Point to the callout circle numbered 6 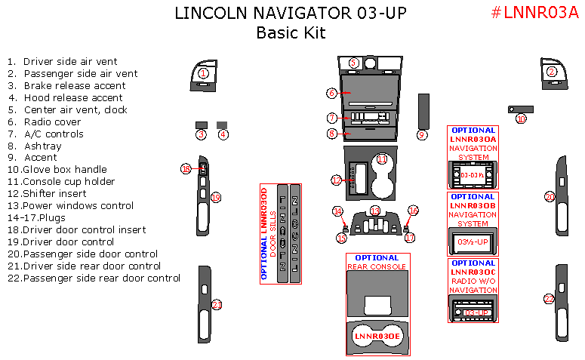(x=331, y=93)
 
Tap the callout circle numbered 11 (x=382, y=159)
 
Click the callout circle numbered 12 (x=337, y=180)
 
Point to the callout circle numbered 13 (x=375, y=210)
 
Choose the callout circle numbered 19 (x=215, y=198)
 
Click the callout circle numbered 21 (x=217, y=305)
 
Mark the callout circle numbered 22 (x=550, y=298)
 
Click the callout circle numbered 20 (x=550, y=197)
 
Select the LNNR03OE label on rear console (x=377, y=334)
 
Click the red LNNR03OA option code (x=473, y=140)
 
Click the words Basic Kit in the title (x=291, y=32)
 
